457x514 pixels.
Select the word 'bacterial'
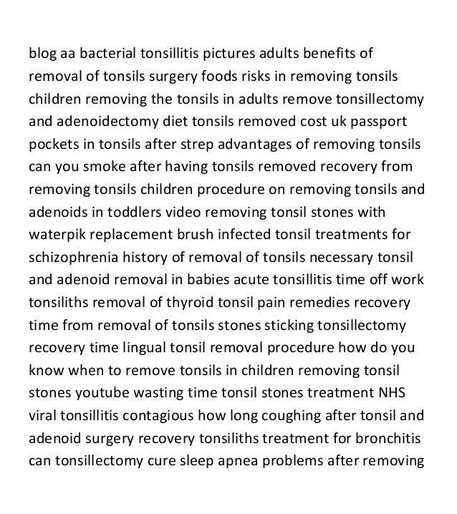pos(108,54)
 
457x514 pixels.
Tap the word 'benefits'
pos(324,54)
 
